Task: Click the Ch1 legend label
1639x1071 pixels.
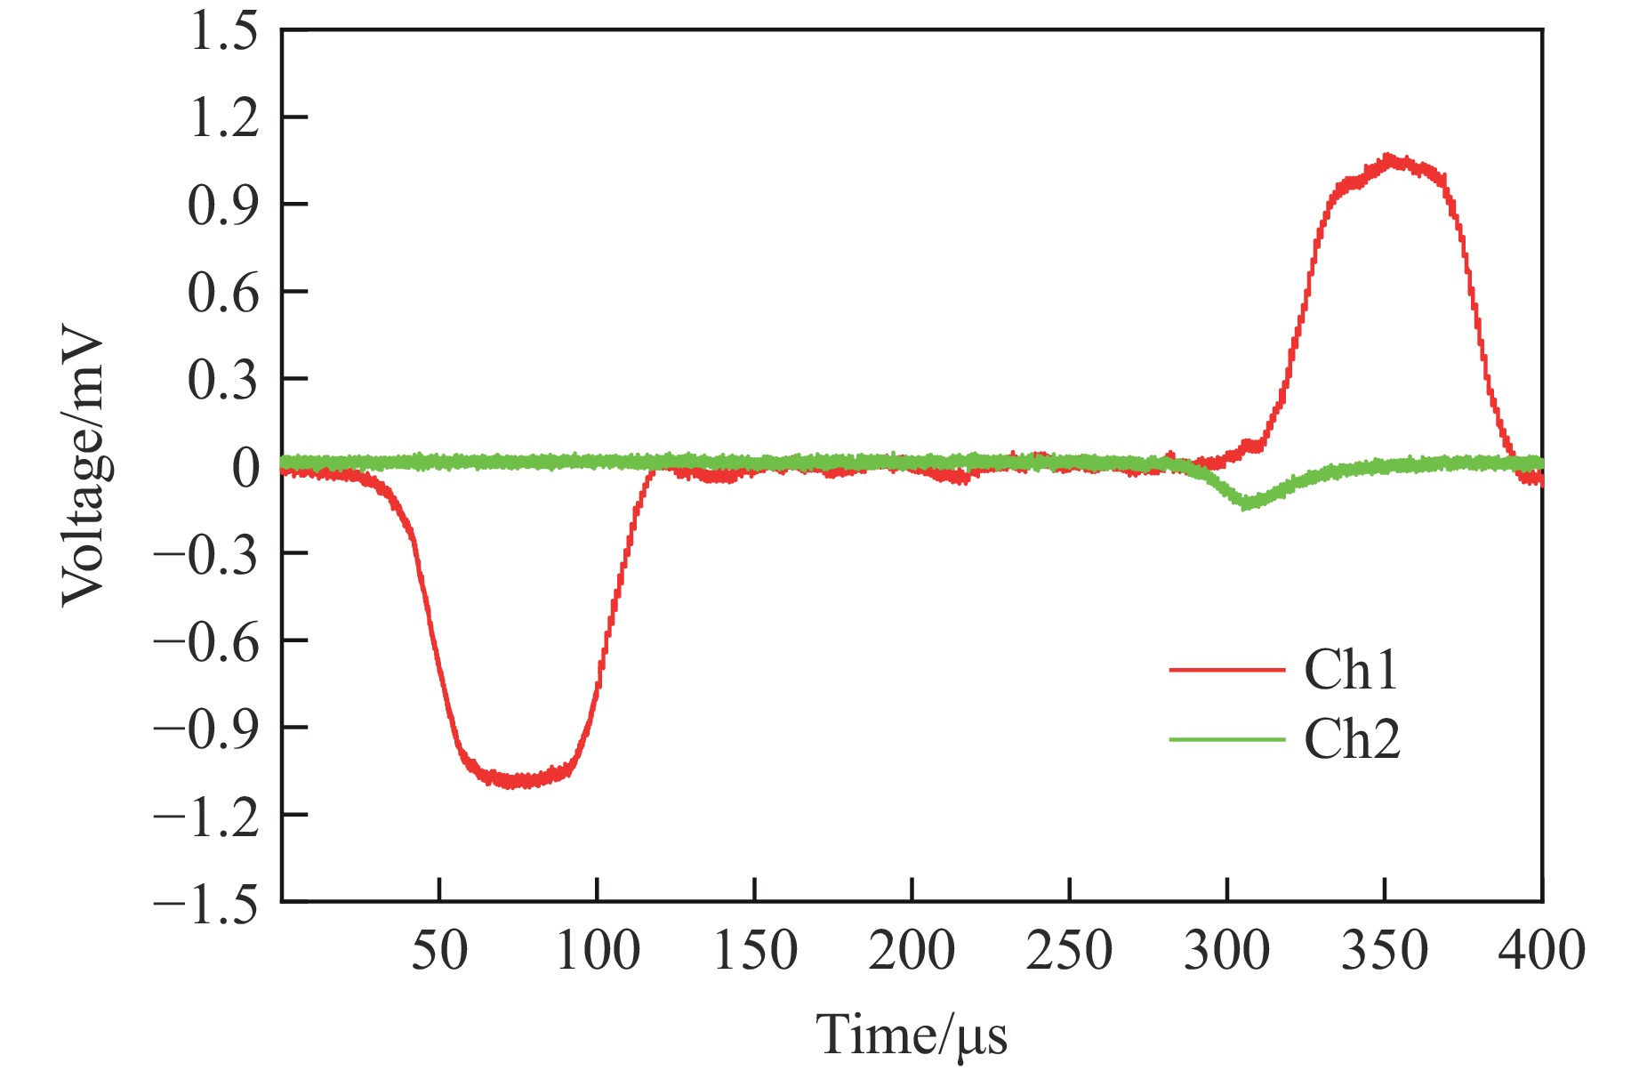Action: (1350, 670)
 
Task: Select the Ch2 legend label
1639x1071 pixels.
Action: (1352, 739)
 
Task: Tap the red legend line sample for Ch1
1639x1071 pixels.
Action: (1227, 669)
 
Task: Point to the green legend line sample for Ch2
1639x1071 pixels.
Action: (1227, 739)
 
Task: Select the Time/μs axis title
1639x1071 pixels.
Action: (912, 1035)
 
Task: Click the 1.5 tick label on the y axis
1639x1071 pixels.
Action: (224, 32)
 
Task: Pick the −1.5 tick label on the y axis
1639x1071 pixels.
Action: (206, 902)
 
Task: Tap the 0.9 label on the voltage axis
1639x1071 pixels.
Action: (224, 205)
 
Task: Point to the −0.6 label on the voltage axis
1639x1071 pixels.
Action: (206, 641)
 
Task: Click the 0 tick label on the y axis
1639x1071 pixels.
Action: (245, 467)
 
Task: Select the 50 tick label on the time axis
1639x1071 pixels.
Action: (439, 950)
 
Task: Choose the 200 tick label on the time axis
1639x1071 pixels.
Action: (912, 950)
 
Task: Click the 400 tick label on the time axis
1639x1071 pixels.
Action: (1541, 950)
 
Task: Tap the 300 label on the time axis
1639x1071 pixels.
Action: (1226, 950)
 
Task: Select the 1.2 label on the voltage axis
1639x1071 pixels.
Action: (224, 118)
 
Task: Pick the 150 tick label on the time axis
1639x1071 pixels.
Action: (755, 950)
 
